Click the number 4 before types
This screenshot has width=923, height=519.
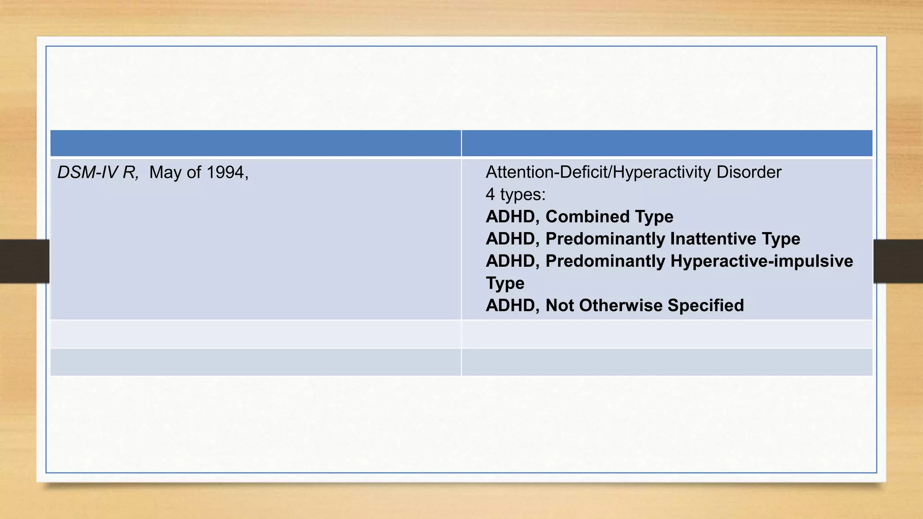click(490, 195)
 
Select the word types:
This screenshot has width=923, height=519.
click(523, 195)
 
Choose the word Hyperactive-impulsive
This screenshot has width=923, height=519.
click(762, 261)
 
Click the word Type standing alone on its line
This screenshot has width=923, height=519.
click(505, 283)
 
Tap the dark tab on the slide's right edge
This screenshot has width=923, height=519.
click(898, 261)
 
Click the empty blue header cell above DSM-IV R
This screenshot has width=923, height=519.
click(256, 143)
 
